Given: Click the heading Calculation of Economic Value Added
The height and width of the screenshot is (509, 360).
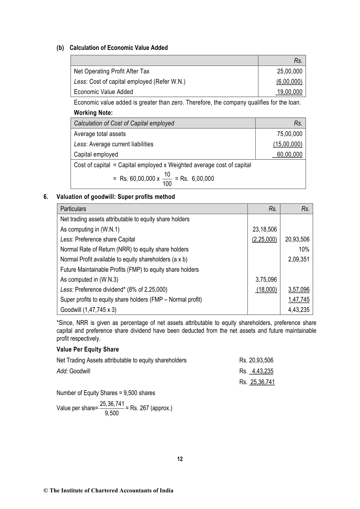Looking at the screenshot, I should pyautogui.click(x=118, y=48).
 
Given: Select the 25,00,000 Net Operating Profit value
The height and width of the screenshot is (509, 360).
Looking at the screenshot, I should pyautogui.click(x=289, y=71).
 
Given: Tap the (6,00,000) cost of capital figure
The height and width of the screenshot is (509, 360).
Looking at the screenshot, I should pyautogui.click(x=289, y=82).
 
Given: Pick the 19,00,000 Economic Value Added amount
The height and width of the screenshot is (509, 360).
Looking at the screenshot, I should pyautogui.click(x=290, y=92).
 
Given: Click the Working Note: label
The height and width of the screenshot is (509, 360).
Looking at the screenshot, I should pyautogui.click(x=93, y=113).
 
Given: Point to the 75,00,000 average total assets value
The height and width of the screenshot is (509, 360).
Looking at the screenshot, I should pyautogui.click(x=289, y=134).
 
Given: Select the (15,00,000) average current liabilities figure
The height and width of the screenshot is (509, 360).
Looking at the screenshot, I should pyautogui.click(x=287, y=144).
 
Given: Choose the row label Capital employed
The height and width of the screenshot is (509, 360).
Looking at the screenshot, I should pyautogui.click(x=96, y=154).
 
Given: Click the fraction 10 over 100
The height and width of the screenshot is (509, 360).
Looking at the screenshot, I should pyautogui.click(x=167, y=179).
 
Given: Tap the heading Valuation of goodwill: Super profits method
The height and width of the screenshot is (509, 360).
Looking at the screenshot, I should pyautogui.click(x=116, y=197).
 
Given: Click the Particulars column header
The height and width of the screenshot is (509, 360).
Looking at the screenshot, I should pyautogui.click(x=73, y=209).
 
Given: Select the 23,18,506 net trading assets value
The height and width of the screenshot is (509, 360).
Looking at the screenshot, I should pyautogui.click(x=264, y=229).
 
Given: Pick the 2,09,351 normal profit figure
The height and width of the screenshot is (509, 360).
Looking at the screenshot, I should pyautogui.click(x=299, y=259).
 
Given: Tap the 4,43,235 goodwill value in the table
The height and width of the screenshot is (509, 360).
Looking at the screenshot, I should pyautogui.click(x=299, y=310).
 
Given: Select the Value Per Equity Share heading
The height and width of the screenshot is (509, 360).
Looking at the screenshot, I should pyautogui.click(x=88, y=349).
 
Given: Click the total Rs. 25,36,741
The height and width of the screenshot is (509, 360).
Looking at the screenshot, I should pyautogui.click(x=257, y=382).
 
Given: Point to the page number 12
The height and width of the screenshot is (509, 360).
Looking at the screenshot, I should pyautogui.click(x=180, y=459).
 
